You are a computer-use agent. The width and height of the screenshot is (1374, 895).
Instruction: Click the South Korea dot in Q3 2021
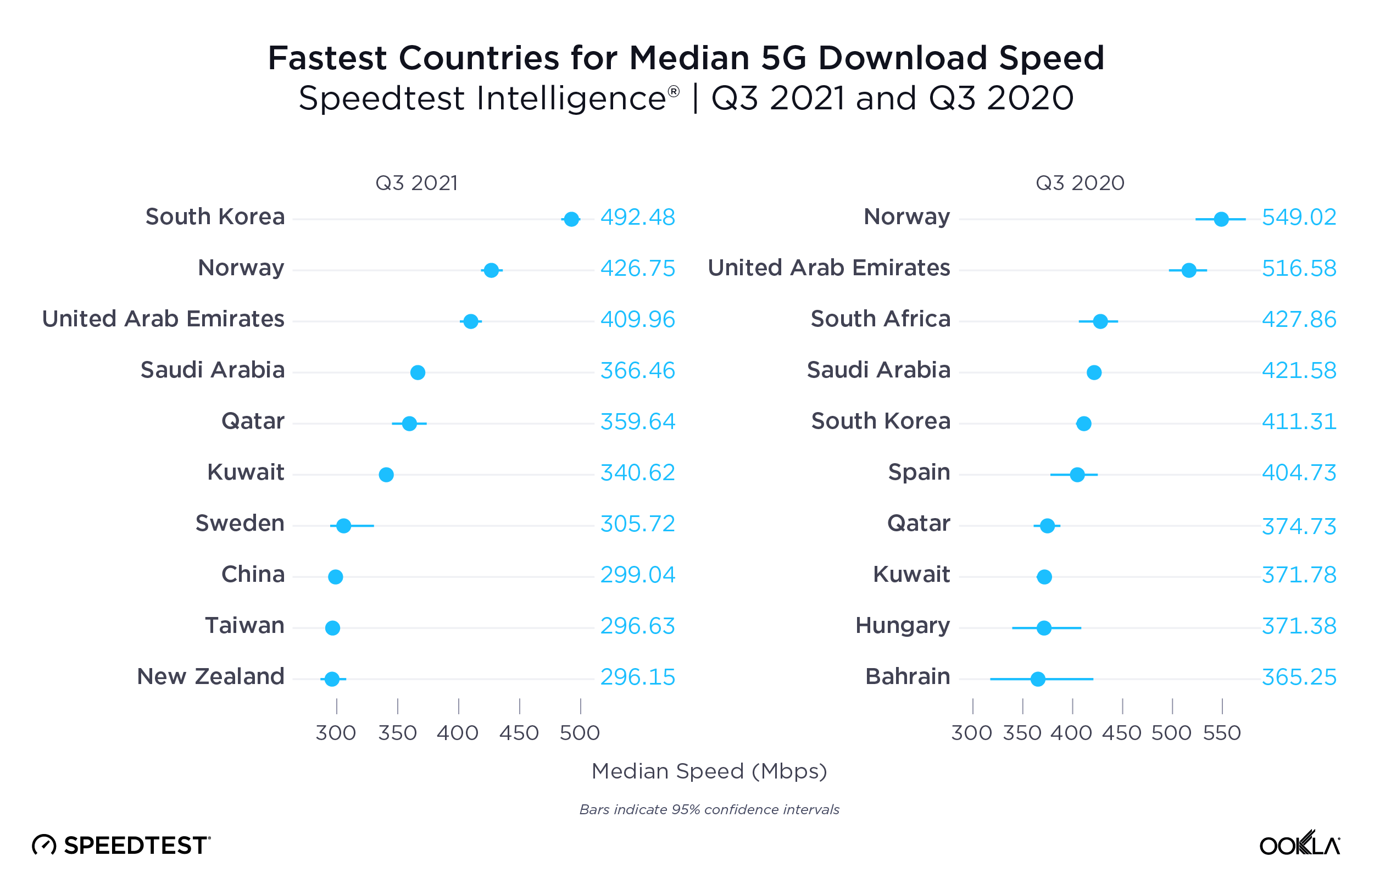click(571, 219)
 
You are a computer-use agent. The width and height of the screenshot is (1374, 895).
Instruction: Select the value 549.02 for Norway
click(1298, 218)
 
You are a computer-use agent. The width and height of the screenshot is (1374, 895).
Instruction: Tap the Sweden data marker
click(343, 525)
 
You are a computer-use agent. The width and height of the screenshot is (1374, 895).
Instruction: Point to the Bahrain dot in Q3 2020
click(1037, 679)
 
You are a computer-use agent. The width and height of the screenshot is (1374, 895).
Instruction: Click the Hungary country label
click(902, 626)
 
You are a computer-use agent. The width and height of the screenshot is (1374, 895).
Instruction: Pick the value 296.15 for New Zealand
click(637, 677)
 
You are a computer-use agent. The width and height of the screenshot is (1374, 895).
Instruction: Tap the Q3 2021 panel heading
click(416, 183)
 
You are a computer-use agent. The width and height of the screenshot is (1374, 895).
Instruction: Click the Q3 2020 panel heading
click(1080, 183)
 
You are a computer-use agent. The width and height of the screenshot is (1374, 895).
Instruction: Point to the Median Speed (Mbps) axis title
click(709, 771)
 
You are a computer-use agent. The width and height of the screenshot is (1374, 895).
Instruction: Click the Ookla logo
click(1299, 844)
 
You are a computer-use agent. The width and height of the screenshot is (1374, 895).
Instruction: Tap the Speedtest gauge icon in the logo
click(44, 846)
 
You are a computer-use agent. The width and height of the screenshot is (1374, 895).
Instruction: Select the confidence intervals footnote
click(709, 809)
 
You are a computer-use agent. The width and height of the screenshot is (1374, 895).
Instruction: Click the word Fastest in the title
click(327, 58)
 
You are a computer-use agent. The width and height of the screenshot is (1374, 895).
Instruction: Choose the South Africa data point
click(1100, 321)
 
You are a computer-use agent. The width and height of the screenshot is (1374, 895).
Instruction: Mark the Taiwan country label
click(245, 626)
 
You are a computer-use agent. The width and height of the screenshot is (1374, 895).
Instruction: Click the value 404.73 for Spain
click(1298, 473)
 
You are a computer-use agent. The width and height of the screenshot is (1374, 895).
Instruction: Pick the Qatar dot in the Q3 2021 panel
click(409, 424)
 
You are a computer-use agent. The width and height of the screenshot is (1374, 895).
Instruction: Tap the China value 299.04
click(637, 575)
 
